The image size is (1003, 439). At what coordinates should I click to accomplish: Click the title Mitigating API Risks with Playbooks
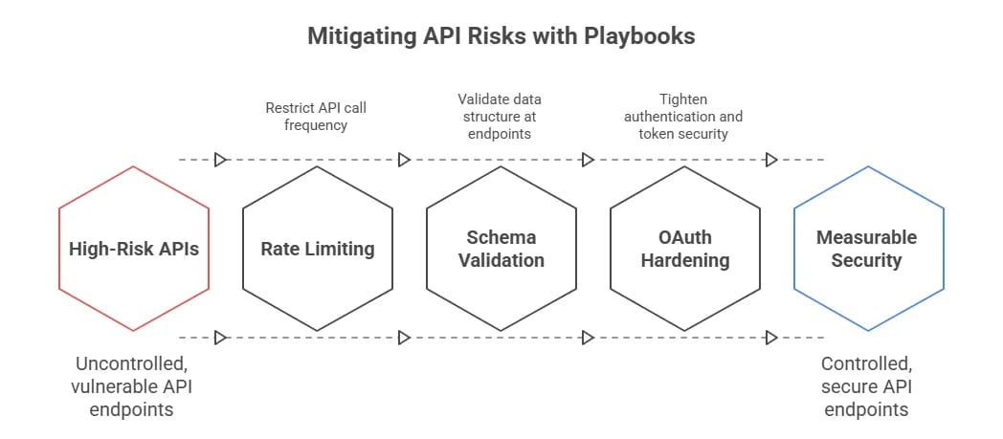(x=501, y=36)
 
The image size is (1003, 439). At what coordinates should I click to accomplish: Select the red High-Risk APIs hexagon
(x=134, y=249)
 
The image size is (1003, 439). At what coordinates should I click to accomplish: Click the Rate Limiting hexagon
(x=318, y=249)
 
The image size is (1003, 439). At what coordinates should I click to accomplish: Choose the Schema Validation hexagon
(x=501, y=249)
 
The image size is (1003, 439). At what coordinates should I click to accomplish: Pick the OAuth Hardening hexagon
(x=685, y=249)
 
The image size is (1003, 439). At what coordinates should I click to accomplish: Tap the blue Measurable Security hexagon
(x=868, y=249)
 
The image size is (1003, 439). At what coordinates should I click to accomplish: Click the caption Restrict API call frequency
(x=316, y=117)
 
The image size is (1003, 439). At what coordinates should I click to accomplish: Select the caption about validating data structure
(x=501, y=117)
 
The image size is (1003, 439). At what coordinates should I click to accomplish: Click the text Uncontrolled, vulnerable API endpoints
(x=134, y=385)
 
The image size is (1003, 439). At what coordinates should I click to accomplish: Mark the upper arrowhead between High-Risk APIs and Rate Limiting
(x=221, y=160)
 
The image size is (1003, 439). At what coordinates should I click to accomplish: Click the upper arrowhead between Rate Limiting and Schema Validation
(x=404, y=160)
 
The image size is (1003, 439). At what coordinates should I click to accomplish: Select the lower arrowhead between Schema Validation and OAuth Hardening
(x=588, y=338)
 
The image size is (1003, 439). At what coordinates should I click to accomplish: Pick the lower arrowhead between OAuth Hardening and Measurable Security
(x=770, y=338)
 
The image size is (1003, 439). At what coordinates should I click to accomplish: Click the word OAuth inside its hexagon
(x=685, y=237)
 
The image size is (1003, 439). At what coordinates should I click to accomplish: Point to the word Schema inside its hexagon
(x=501, y=237)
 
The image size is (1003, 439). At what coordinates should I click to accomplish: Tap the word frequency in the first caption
(x=316, y=125)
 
